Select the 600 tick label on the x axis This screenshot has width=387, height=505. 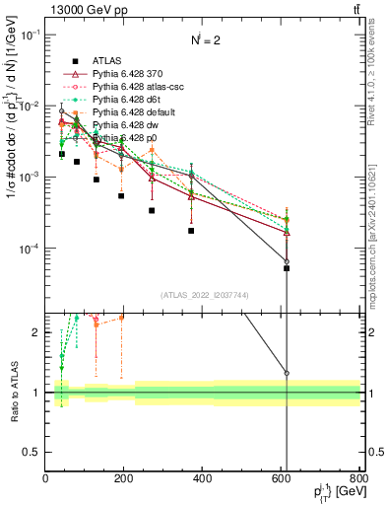[x=283, y=478]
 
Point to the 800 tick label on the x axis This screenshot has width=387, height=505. [x=360, y=478]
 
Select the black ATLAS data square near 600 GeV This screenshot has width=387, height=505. [x=287, y=268]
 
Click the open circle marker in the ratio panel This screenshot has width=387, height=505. [x=287, y=373]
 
